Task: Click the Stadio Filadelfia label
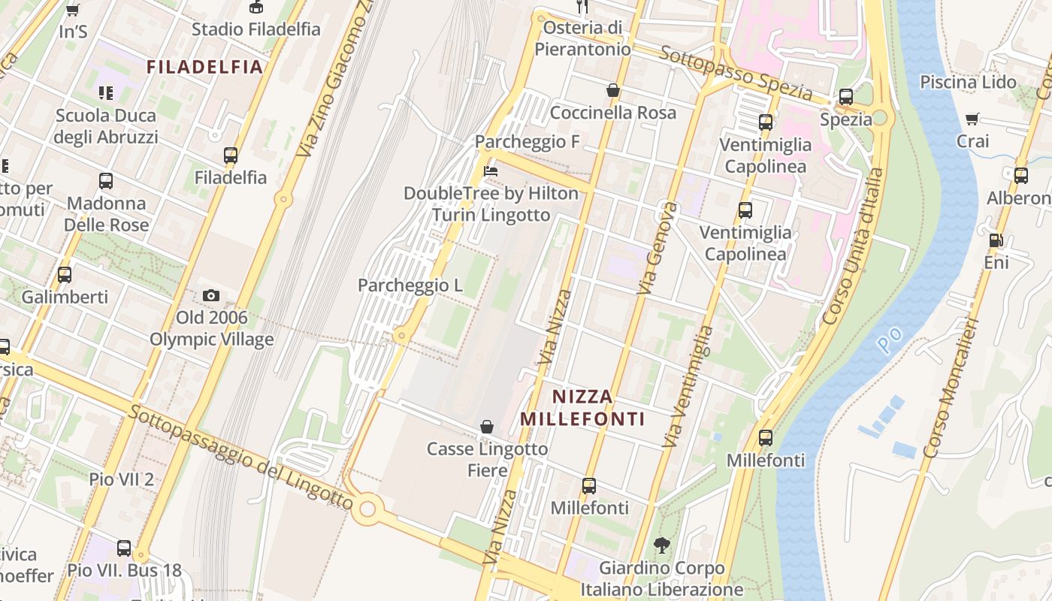pos(255,29)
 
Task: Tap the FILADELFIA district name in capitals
pos(204,67)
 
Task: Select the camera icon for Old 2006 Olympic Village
pos(211,296)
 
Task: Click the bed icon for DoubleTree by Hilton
pos(491,171)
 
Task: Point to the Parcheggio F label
pos(527,142)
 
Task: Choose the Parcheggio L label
pos(410,285)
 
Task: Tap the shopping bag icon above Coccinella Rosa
pos(613,91)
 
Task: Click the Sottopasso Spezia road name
pos(736,73)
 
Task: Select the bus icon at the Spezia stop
pos(845,97)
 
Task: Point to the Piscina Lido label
pos(968,82)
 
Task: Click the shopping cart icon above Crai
pos(972,119)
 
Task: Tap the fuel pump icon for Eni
pos(996,240)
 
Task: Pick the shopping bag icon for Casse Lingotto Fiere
pos(487,427)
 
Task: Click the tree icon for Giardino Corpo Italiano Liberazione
pos(662,545)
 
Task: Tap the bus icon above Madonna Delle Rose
pos(106,181)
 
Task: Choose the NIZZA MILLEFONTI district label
pos(583,407)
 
